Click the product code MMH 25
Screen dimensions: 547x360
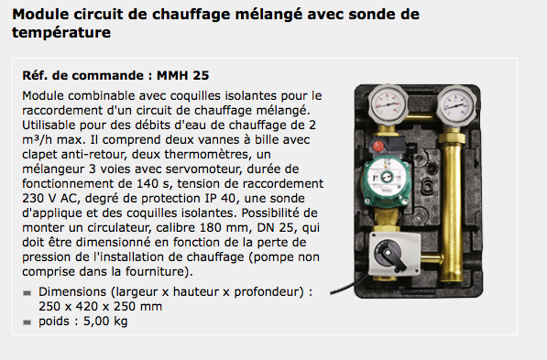pos(183,75)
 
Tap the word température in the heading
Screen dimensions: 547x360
pos(61,33)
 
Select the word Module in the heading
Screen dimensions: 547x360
pos(40,15)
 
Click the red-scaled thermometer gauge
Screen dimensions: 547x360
pos(388,104)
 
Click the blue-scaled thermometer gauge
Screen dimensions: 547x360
pos(456,104)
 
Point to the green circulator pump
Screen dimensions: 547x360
pos(386,180)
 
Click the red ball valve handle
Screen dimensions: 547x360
pos(378,146)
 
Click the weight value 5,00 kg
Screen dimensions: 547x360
pos(105,321)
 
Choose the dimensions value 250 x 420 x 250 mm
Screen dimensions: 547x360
pos(101,306)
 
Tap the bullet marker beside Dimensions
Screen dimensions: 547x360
pos(27,293)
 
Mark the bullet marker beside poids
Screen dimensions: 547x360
pos(27,322)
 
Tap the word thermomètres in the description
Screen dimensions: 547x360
pos(208,154)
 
